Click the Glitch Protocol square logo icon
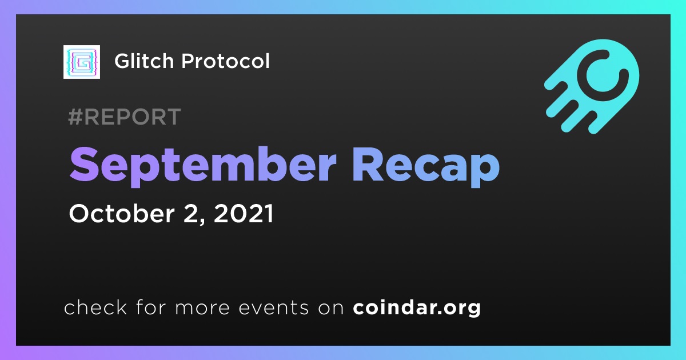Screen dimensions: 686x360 (x=82, y=62)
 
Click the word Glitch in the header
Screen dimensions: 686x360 (x=144, y=61)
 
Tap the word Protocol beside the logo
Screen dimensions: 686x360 (x=225, y=61)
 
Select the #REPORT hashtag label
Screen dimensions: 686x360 (x=125, y=117)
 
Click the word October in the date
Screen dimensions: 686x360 (x=122, y=213)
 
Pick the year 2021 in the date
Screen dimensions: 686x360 (x=244, y=213)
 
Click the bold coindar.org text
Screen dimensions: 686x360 (x=417, y=308)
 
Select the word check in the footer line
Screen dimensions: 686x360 (x=95, y=307)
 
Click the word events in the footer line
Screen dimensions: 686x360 (x=274, y=307)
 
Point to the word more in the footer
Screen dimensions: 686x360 (x=202, y=308)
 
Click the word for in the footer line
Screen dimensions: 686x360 (x=151, y=307)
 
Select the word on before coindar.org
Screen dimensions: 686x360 (x=331, y=308)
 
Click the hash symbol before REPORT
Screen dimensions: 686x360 (x=75, y=117)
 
